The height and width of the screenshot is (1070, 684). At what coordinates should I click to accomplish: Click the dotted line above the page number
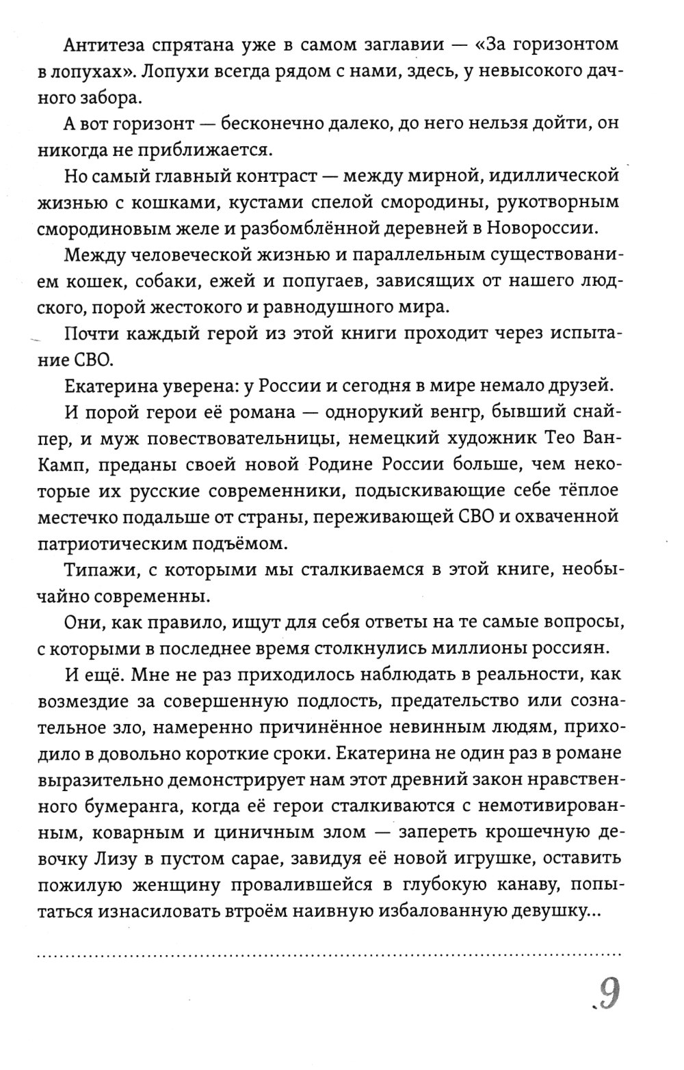coord(329,952)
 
